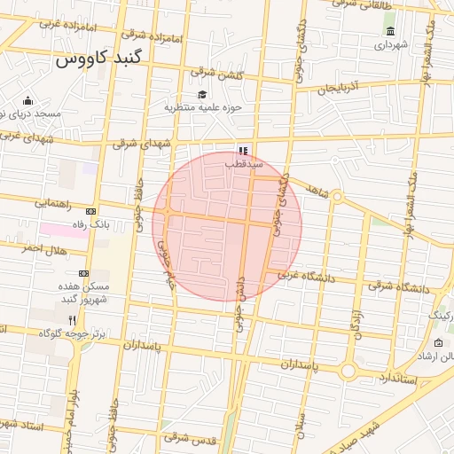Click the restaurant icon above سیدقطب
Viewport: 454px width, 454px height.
(243, 151)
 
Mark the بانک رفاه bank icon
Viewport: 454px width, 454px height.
(90, 212)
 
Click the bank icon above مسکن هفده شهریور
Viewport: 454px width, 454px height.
(83, 273)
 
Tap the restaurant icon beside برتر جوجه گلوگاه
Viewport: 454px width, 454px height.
(72, 319)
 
